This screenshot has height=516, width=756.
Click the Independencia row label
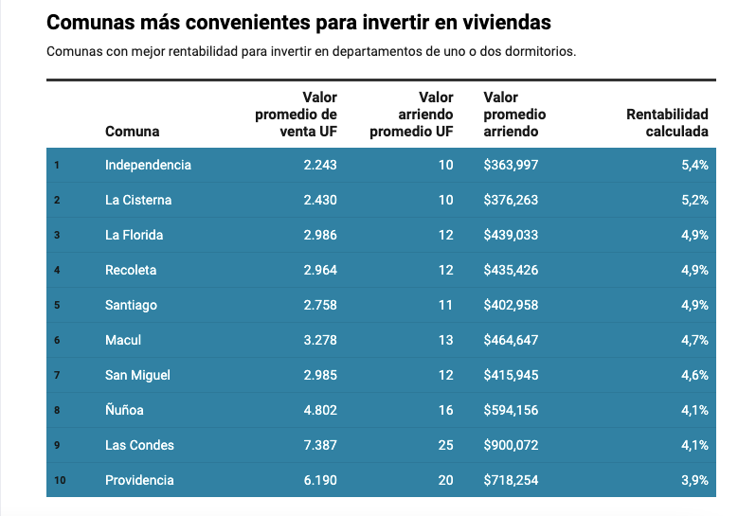(x=148, y=165)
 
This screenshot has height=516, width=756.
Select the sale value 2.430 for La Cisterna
(x=320, y=200)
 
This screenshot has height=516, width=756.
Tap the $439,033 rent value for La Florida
(x=511, y=235)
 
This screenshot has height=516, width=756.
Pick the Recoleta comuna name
(x=131, y=270)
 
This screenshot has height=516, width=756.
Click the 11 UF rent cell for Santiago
(x=446, y=305)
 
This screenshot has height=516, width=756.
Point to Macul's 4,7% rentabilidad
(x=693, y=340)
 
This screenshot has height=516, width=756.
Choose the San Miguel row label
(x=137, y=375)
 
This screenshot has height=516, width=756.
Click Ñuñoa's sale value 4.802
(x=320, y=410)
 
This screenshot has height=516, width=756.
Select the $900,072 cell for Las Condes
(x=511, y=445)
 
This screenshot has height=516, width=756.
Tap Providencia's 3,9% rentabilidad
(x=693, y=480)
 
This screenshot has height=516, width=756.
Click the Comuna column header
(x=132, y=132)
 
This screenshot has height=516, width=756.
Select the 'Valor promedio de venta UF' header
(x=297, y=115)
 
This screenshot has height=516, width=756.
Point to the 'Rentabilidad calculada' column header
(x=667, y=123)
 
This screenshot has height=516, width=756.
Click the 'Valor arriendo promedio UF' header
(x=411, y=115)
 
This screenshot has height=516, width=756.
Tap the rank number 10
(x=60, y=480)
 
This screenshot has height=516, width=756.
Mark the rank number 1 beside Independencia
(x=57, y=165)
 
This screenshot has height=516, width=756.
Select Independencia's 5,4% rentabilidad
(x=693, y=165)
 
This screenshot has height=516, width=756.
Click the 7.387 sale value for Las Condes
(x=320, y=445)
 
